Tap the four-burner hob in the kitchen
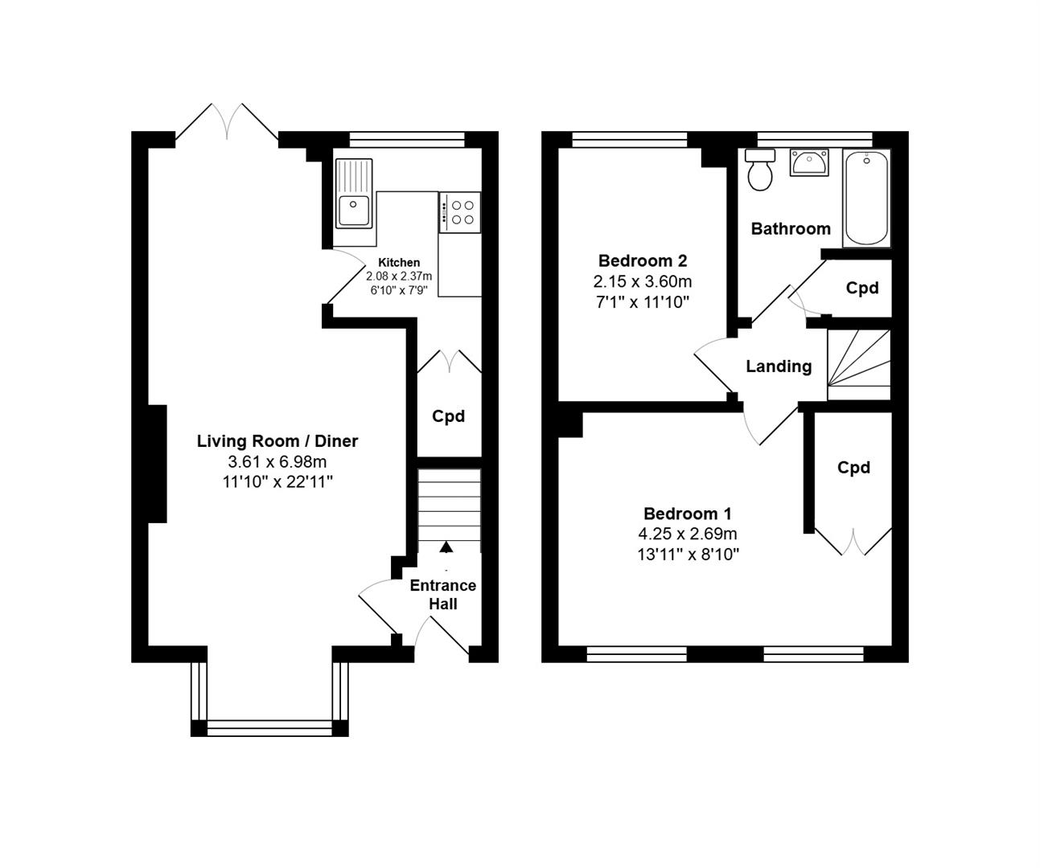(460, 212)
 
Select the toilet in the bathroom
(760, 170)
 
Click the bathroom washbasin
(809, 162)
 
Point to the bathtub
(867, 198)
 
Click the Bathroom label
(791, 229)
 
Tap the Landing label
(779, 366)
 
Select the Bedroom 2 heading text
(643, 260)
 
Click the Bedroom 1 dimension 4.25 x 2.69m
(688, 534)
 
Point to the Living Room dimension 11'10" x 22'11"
(277, 482)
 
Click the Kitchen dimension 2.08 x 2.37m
(399, 276)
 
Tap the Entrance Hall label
(443, 595)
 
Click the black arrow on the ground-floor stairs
(446, 547)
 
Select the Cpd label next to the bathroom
(862, 289)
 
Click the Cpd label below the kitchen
(448, 416)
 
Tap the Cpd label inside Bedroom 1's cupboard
(853, 467)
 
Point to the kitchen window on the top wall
(407, 139)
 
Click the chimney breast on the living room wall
(157, 464)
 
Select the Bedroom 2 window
(630, 139)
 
